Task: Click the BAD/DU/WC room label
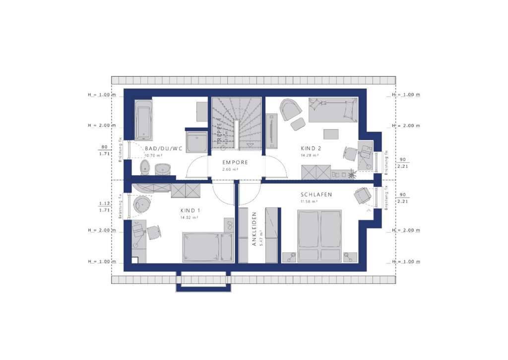(x=163, y=148)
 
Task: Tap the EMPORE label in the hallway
(x=235, y=162)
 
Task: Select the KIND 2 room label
(x=312, y=148)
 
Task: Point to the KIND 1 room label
(x=190, y=210)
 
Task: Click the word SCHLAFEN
(x=316, y=195)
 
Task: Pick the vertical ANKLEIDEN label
(x=254, y=229)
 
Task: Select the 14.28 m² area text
(x=309, y=155)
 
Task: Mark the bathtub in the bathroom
(x=143, y=120)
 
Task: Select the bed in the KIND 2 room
(x=332, y=110)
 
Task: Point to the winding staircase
(x=236, y=122)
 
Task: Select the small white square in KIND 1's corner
(x=134, y=259)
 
